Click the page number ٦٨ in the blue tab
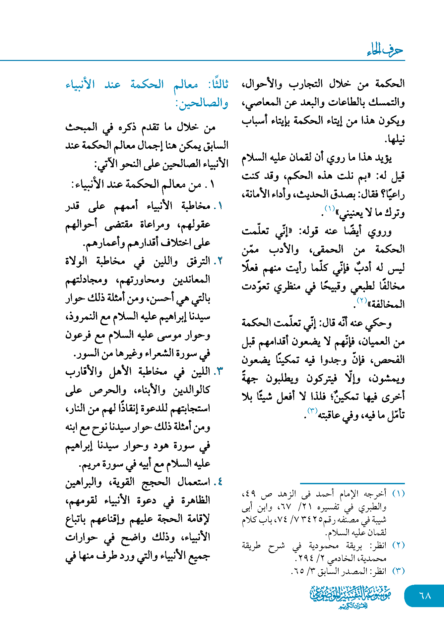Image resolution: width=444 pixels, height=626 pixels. pyautogui.click(x=425, y=596)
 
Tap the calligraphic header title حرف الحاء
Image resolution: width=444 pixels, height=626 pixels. pyautogui.click(x=385, y=50)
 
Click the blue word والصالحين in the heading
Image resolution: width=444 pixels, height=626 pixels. pyautogui.click(x=202, y=103)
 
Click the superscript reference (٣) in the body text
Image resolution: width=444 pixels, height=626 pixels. pyautogui.click(x=312, y=411)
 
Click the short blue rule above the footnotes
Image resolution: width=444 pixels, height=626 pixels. pyautogui.click(x=352, y=484)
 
